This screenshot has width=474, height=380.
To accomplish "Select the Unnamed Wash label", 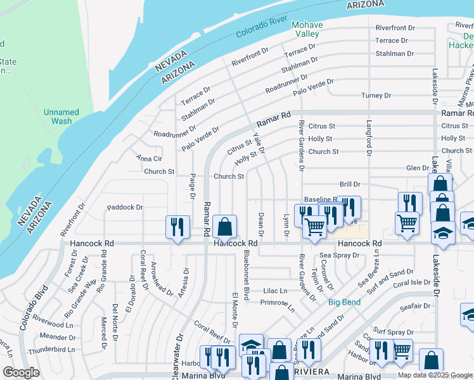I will pyautogui.click(x=61, y=117).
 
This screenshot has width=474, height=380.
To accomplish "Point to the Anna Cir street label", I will pyautogui.click(x=149, y=158).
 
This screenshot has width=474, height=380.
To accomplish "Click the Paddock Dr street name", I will pyautogui.click(x=125, y=207).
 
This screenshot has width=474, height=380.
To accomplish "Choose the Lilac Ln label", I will pyautogui.click(x=274, y=291).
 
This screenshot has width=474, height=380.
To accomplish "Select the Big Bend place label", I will pyautogui.click(x=344, y=302).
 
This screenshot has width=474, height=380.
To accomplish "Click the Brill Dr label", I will pyautogui.click(x=349, y=184).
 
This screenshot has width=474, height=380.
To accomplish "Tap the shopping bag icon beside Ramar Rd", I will pyautogui.click(x=224, y=227).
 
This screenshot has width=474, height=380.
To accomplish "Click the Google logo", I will pyautogui.click(x=21, y=372).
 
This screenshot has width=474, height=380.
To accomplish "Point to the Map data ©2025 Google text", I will pyautogui.click(x=435, y=375).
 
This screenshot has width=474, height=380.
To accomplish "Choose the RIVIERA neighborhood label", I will pyautogui.click(x=310, y=370).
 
